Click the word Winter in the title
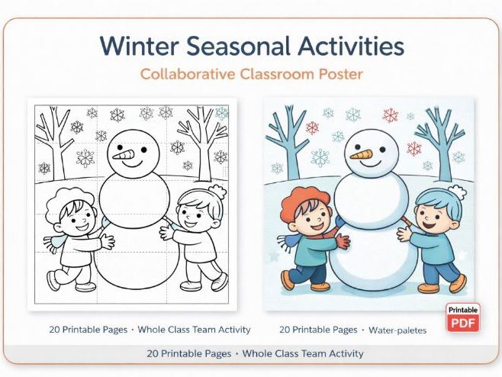pos(140,46)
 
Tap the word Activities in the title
pos(347,46)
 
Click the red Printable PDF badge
pos(463,317)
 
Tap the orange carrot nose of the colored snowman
pos(362,155)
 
